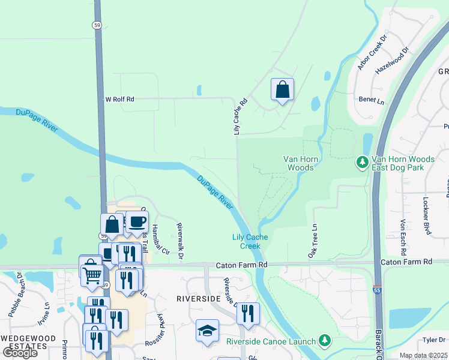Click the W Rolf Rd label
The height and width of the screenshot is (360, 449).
(120, 99)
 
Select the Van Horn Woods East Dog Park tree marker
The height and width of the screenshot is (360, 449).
(362, 163)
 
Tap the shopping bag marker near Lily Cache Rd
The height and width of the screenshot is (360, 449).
(282, 90)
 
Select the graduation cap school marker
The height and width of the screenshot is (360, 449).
(207, 331)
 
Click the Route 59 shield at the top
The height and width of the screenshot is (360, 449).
(97, 25)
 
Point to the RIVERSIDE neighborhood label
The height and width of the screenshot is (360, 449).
(199, 298)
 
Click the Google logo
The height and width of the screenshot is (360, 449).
(20, 352)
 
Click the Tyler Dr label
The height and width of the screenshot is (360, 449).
(432, 340)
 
